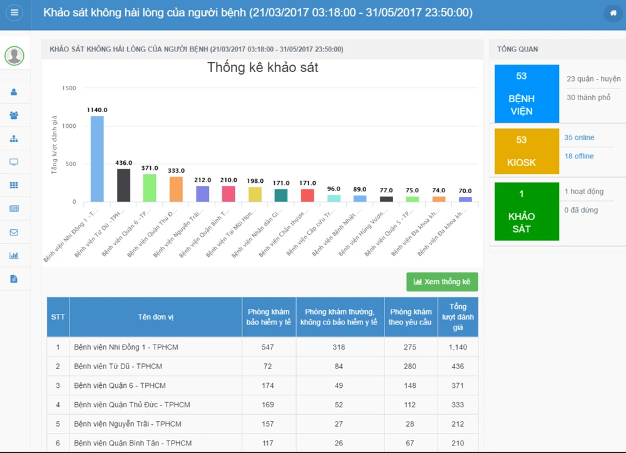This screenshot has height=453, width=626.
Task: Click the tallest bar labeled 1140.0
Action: coord(97,159)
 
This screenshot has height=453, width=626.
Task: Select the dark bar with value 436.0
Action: coord(123,185)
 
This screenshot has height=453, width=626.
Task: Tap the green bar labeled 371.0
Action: coord(150,188)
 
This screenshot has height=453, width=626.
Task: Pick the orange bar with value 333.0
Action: coord(176,189)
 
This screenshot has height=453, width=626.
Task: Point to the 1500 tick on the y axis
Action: coord(69,88)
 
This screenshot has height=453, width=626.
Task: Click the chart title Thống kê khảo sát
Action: coord(262,68)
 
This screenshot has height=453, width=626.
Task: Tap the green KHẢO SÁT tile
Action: coord(521,211)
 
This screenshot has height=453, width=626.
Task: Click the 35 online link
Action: coord(579,138)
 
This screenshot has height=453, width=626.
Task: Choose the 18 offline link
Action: coord(579,157)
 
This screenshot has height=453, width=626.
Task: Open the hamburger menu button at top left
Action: coord(14,13)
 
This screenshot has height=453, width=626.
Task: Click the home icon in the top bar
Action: coord(613,13)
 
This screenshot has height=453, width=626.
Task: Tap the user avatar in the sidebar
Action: coord(14,56)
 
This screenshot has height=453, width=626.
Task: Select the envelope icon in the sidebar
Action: coord(14,232)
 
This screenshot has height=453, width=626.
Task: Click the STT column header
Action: coord(58,317)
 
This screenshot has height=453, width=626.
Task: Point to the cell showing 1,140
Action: coord(458,347)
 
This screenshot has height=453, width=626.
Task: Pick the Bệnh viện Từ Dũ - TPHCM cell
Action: coord(118,366)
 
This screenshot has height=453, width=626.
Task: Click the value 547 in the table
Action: coord(268,347)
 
